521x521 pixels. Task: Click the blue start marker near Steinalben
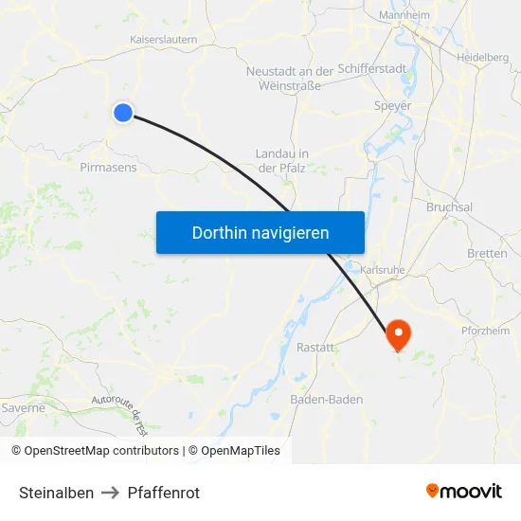pyautogui.click(x=123, y=113)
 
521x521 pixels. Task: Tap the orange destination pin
pyautogui.click(x=398, y=333)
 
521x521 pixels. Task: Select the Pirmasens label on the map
pyautogui.click(x=108, y=167)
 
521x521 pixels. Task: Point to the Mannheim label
pyautogui.click(x=404, y=16)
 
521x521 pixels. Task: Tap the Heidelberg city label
pyautogui.click(x=482, y=58)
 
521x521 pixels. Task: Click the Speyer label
pyautogui.click(x=392, y=106)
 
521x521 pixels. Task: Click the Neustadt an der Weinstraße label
pyautogui.click(x=289, y=79)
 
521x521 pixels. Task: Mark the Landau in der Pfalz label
pyautogui.click(x=282, y=160)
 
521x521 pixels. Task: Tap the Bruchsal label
pyautogui.click(x=450, y=207)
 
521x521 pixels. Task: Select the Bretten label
pyautogui.click(x=487, y=254)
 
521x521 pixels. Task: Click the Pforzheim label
pyautogui.click(x=485, y=331)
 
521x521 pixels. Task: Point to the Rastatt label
pyautogui.click(x=315, y=348)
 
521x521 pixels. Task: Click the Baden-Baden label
pyautogui.click(x=326, y=400)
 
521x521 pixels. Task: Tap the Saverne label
pyautogui.click(x=24, y=408)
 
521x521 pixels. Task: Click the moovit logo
pyautogui.click(x=463, y=492)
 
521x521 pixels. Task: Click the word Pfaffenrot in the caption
pyautogui.click(x=163, y=493)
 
